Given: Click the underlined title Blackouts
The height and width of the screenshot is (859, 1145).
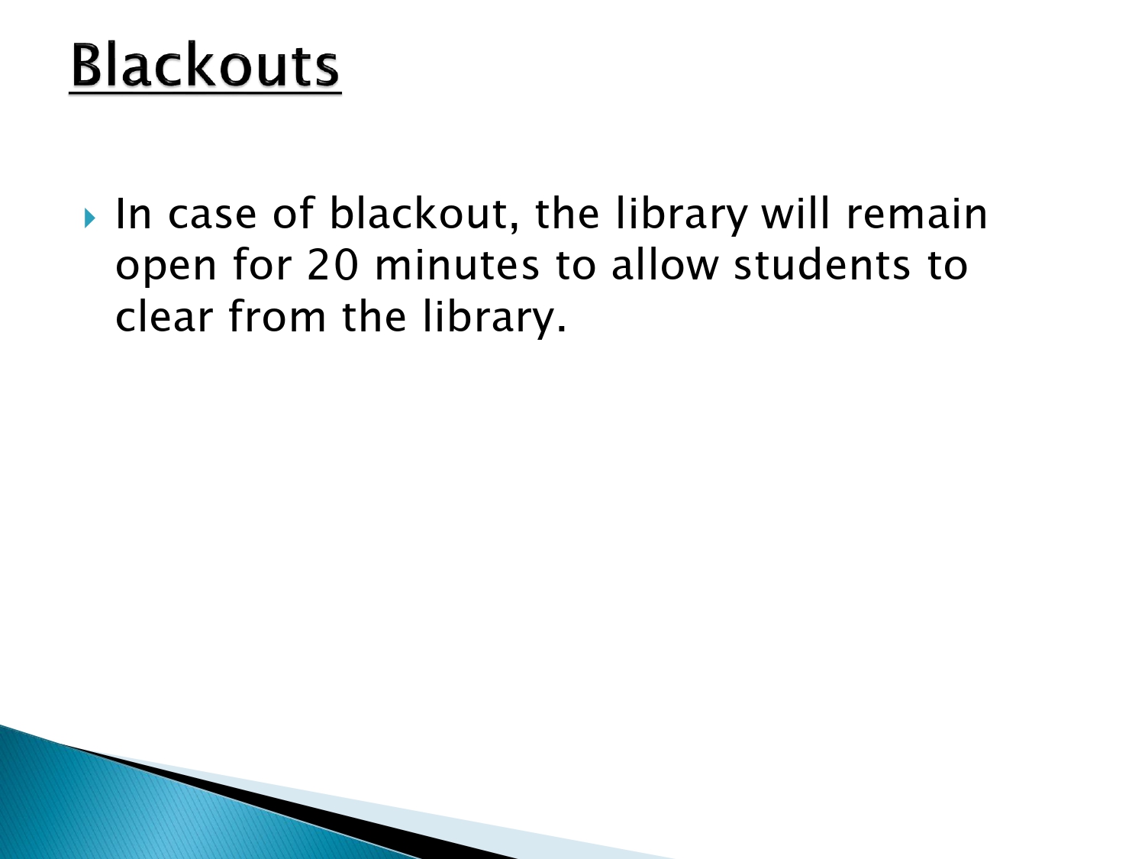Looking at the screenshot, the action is [x=205, y=66].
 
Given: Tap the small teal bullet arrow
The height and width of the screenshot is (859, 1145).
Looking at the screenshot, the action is [x=90, y=218].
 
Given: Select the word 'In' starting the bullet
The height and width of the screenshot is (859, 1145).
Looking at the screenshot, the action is [x=134, y=213].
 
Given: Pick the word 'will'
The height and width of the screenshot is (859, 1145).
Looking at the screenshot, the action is [x=795, y=213].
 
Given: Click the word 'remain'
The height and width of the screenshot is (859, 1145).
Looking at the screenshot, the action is [x=917, y=213].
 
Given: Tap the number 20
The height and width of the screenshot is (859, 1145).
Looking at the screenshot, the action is [x=333, y=264].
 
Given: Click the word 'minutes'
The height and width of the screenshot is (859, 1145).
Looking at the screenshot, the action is [x=456, y=264].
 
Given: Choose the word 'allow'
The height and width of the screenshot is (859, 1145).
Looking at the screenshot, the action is [x=665, y=264].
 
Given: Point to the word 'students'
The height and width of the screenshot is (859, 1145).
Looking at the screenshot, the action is [x=821, y=264].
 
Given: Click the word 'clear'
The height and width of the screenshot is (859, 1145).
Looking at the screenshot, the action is [x=164, y=315].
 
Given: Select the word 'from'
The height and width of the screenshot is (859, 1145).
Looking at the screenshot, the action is [x=277, y=315].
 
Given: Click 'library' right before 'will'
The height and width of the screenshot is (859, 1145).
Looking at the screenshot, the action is [x=681, y=215].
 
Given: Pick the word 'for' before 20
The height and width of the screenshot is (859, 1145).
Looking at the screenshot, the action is [x=262, y=264].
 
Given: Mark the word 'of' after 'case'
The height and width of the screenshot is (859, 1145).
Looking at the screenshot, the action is [x=293, y=213].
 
